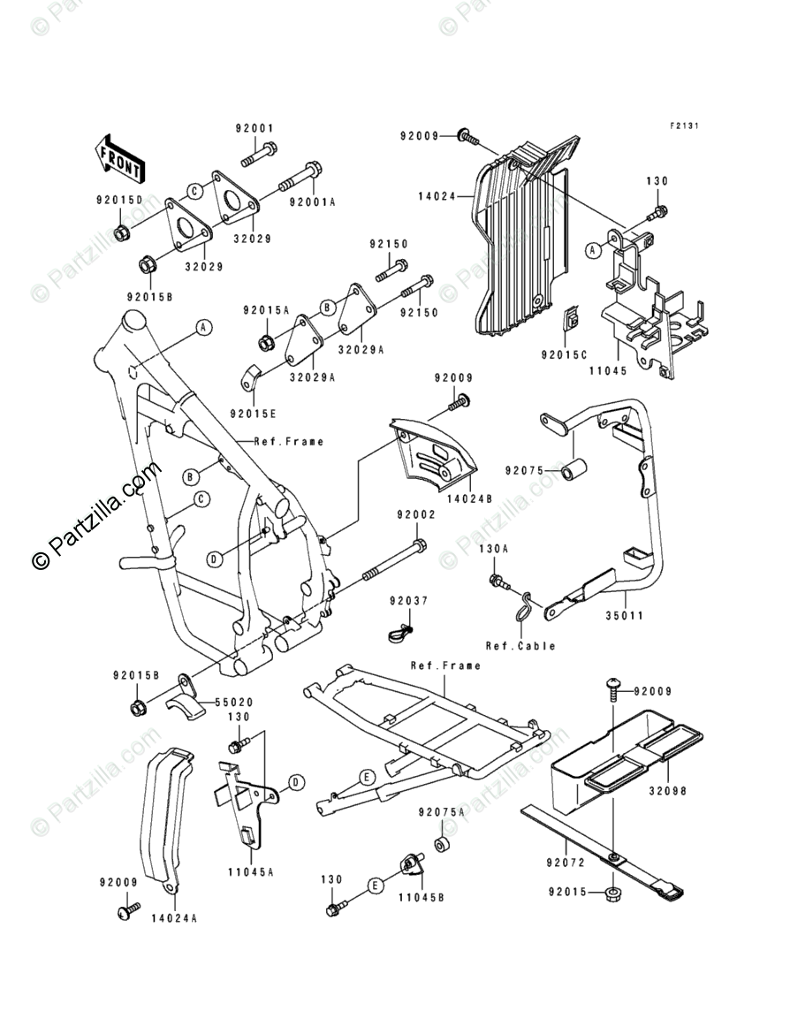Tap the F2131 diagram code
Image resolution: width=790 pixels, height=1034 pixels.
(x=683, y=126)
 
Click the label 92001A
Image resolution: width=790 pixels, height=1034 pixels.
(x=312, y=201)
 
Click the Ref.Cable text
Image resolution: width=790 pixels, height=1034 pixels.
(x=520, y=646)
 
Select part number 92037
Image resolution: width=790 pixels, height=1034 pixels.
(x=408, y=601)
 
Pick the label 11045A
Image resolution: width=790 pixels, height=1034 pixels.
(x=252, y=871)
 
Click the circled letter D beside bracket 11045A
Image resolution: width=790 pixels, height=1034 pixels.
(x=296, y=782)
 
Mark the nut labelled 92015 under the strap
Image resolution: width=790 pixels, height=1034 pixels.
(x=611, y=894)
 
